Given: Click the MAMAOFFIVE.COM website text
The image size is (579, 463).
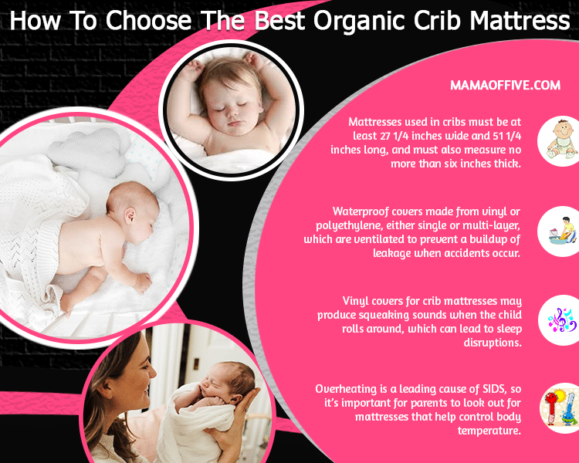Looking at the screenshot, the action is click(x=505, y=86).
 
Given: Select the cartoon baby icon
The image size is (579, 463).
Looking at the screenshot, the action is click(x=562, y=140).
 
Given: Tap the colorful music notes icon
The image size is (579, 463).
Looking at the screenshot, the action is click(x=562, y=320).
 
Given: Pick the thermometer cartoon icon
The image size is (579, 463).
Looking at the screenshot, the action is click(x=560, y=408).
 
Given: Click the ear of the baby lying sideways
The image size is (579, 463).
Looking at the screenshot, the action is click(x=130, y=216).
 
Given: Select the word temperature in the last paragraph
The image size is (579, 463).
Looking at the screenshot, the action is click(x=489, y=431).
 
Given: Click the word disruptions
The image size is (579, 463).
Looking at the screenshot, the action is click(x=493, y=343).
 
